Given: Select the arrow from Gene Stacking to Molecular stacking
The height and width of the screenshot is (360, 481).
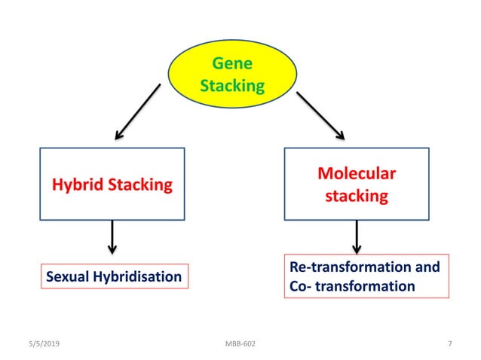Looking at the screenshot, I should point(320,115).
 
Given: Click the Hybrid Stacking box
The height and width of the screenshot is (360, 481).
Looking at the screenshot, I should point(112,184).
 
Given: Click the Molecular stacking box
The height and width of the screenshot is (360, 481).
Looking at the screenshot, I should point(356,184).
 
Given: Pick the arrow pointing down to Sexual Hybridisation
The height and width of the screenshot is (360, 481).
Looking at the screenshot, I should point(112,236).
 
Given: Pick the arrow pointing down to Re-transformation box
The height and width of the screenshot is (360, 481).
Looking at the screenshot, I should point(357,236).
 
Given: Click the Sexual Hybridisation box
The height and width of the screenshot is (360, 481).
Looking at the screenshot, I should point(114,276).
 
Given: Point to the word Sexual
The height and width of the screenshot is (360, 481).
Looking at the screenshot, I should point(67,276).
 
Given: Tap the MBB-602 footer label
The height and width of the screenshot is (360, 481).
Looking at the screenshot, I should point(240,343).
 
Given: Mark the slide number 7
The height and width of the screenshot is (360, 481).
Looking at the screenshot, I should point(449,343).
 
